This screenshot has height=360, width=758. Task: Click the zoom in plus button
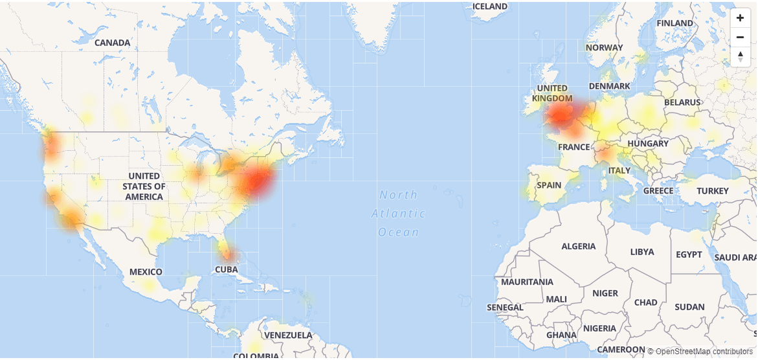coord(740,18)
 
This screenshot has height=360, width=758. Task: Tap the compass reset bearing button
coord(740,56)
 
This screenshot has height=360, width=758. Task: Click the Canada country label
coord(112,43)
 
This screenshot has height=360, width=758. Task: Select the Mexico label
coord(146,272)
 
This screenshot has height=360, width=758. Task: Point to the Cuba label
coord(227,269)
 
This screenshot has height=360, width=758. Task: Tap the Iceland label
coord(490,6)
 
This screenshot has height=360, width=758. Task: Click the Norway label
coord(604,47)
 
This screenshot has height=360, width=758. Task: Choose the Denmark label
coord(609,86)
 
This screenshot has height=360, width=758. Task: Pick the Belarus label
coord(682,102)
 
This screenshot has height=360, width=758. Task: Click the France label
coord(574,147)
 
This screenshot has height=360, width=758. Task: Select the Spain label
coord(549,185)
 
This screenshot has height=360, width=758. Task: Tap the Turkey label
coord(713,191)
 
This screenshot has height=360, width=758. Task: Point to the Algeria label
coord(578,247)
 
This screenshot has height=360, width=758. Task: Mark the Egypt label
coord(689,254)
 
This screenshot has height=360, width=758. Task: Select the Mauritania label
coord(527,282)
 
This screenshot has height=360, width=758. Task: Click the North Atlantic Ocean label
coord(399,213)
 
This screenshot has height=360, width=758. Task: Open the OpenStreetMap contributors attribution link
coord(704,352)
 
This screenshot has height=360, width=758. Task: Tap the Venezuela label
coord(288,335)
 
